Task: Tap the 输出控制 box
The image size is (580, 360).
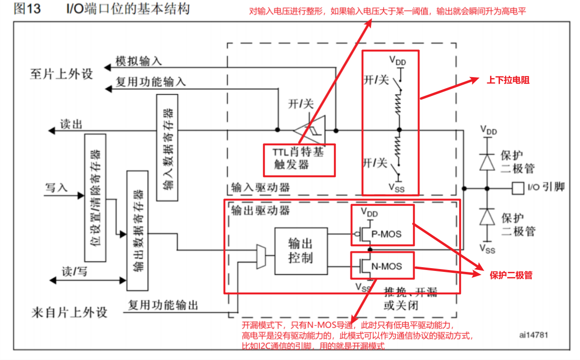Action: pyautogui.click(x=301, y=251)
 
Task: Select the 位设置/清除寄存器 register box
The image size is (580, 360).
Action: pyautogui.click(x=95, y=198)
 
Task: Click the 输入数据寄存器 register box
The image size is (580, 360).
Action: pyautogui.click(x=167, y=147)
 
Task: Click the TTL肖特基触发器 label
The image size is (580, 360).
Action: pyautogui.click(x=299, y=159)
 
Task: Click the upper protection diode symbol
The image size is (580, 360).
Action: pyautogui.click(x=486, y=162)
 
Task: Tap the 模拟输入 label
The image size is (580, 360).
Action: pyautogui.click(x=139, y=61)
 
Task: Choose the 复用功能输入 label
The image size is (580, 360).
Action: pyautogui.click(x=151, y=82)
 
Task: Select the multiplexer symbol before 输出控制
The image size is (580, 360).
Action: pyautogui.click(x=261, y=256)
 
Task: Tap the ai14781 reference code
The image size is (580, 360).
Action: pyautogui.click(x=533, y=335)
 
